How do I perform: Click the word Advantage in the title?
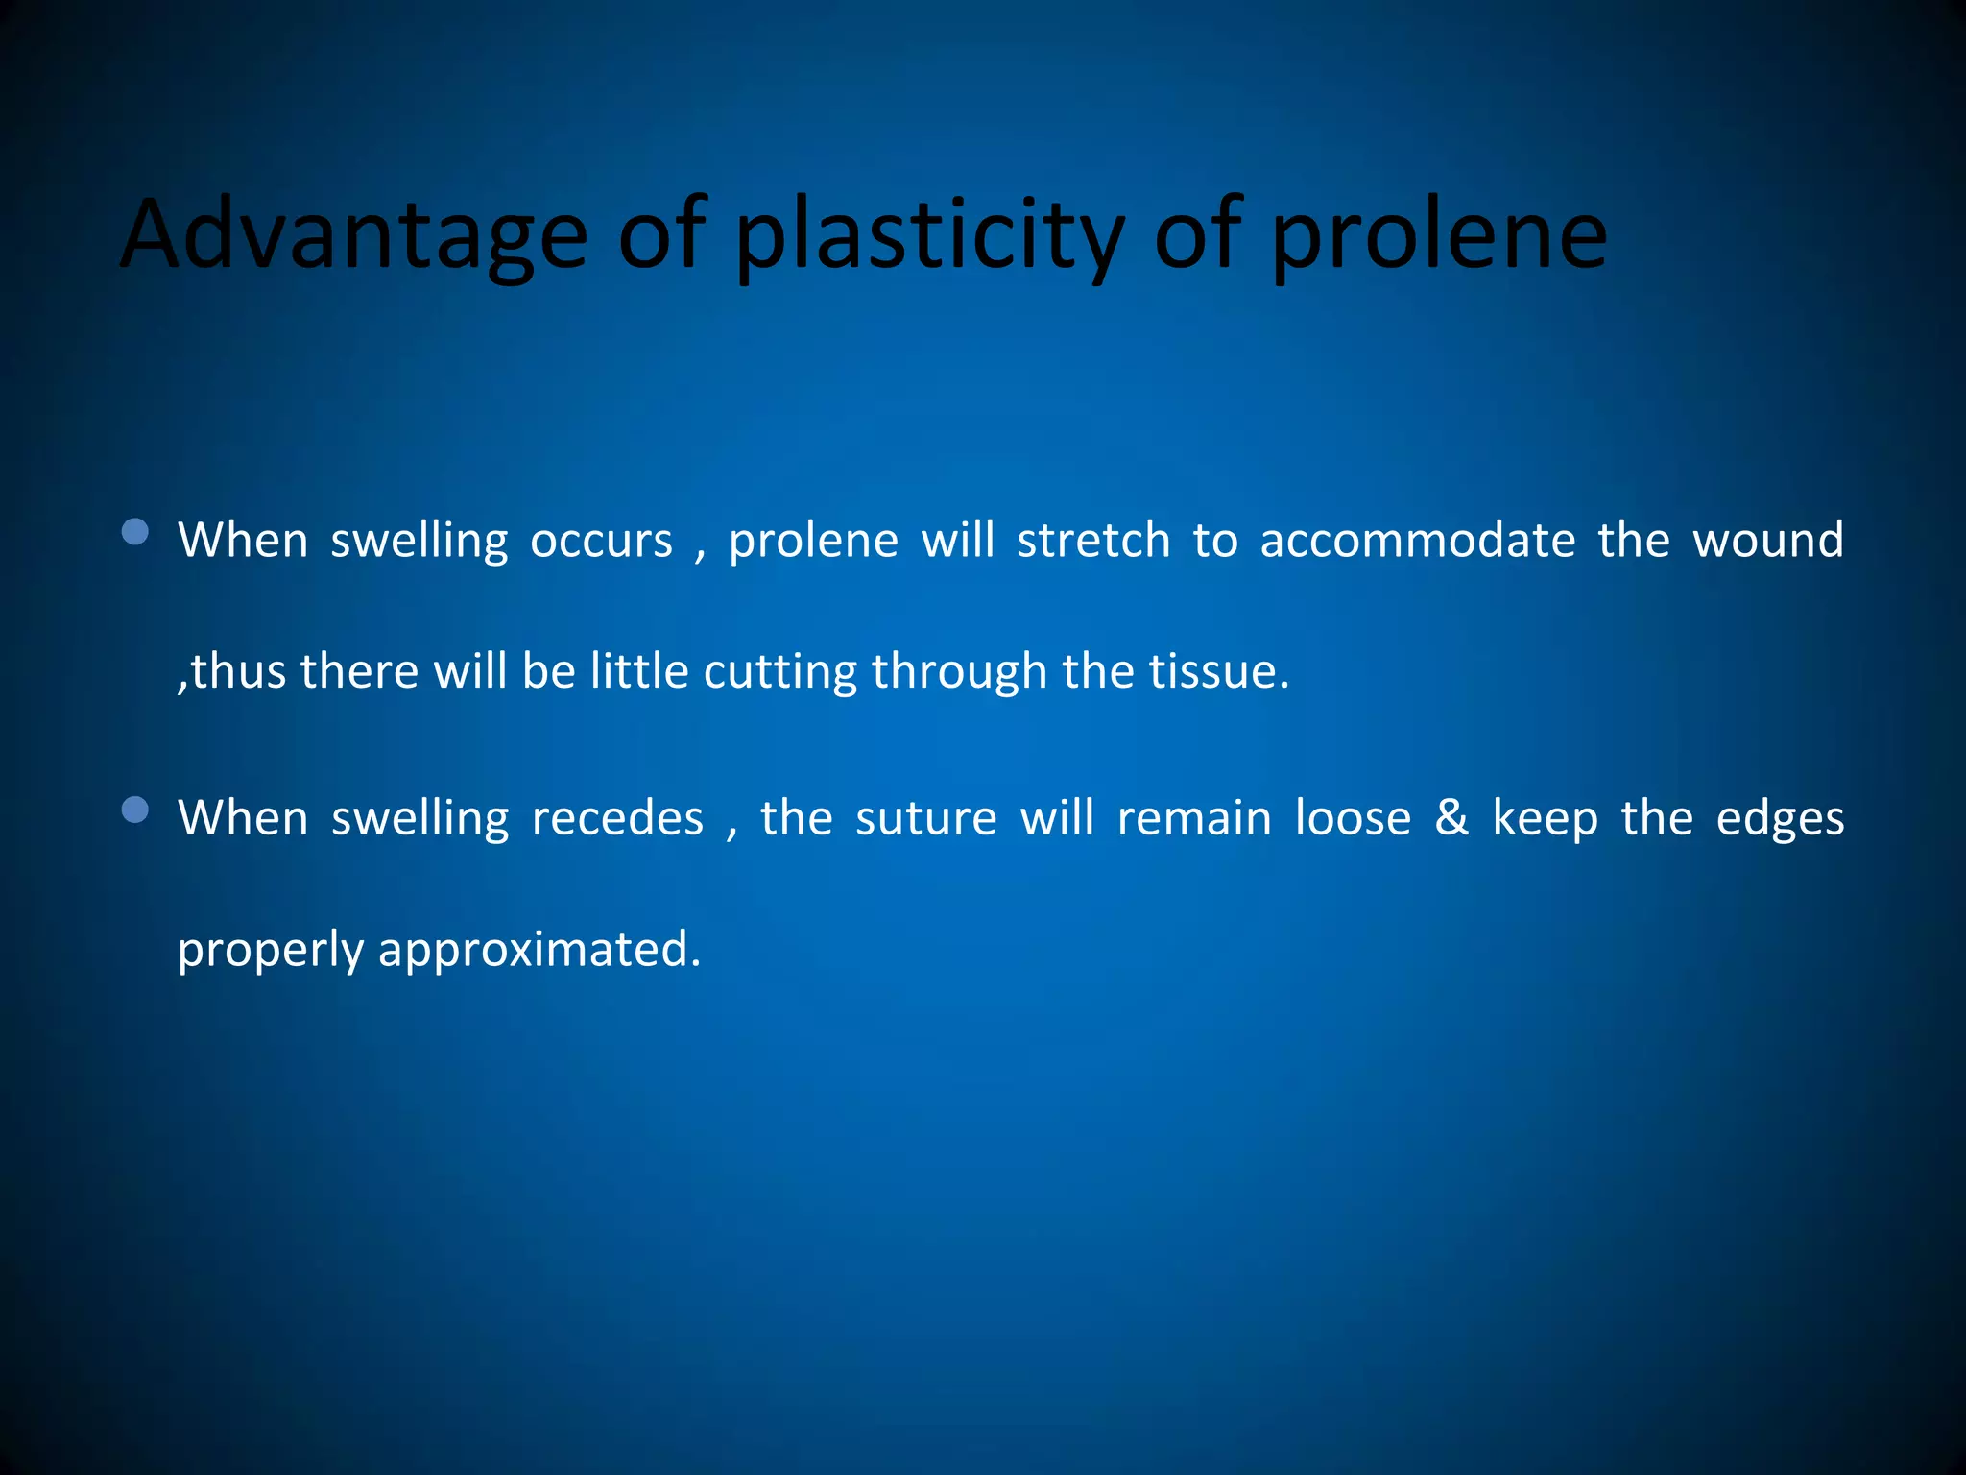[353, 235]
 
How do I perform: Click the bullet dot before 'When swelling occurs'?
[136, 532]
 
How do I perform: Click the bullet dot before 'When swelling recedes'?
[136, 810]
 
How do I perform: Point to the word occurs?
[601, 541]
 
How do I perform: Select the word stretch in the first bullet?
[1092, 541]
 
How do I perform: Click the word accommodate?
[1417, 541]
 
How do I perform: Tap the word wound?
[1767, 541]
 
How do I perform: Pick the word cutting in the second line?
[779, 671]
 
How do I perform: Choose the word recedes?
[617, 819]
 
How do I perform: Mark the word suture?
[925, 819]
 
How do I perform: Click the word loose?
[1353, 819]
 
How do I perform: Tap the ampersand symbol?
[1451, 819]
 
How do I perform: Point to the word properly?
[270, 951]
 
